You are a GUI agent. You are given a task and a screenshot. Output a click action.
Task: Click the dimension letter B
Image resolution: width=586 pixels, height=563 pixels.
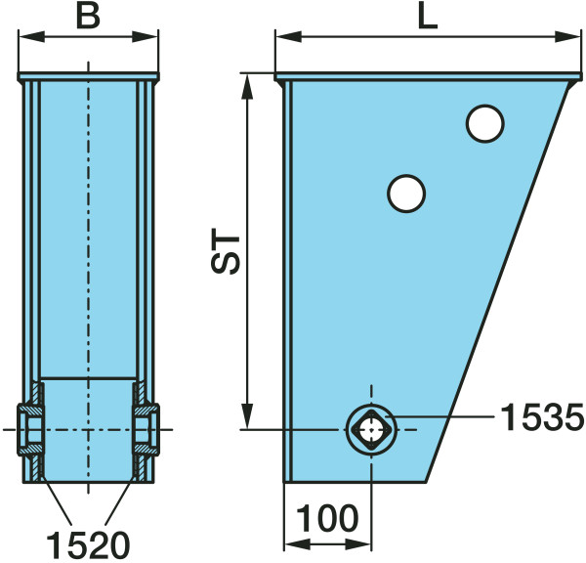(88, 18)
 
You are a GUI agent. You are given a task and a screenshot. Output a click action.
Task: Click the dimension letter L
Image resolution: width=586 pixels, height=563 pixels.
(428, 18)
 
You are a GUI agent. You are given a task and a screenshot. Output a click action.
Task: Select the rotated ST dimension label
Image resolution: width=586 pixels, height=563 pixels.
(226, 250)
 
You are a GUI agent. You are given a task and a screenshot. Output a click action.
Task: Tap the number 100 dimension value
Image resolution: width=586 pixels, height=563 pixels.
(327, 518)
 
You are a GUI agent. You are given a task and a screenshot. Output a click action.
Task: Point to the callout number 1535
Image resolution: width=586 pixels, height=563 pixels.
(542, 417)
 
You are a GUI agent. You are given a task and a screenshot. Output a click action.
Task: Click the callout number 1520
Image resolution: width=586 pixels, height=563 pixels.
(88, 545)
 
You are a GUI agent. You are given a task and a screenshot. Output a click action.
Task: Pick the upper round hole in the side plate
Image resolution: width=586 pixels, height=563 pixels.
(485, 123)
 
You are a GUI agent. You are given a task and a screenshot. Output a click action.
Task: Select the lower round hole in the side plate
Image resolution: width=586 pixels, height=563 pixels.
(406, 194)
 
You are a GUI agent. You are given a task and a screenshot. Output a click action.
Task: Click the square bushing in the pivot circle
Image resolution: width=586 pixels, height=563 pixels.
(371, 429)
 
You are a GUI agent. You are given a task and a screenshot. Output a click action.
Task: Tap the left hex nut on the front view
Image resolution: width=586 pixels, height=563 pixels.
(30, 429)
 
